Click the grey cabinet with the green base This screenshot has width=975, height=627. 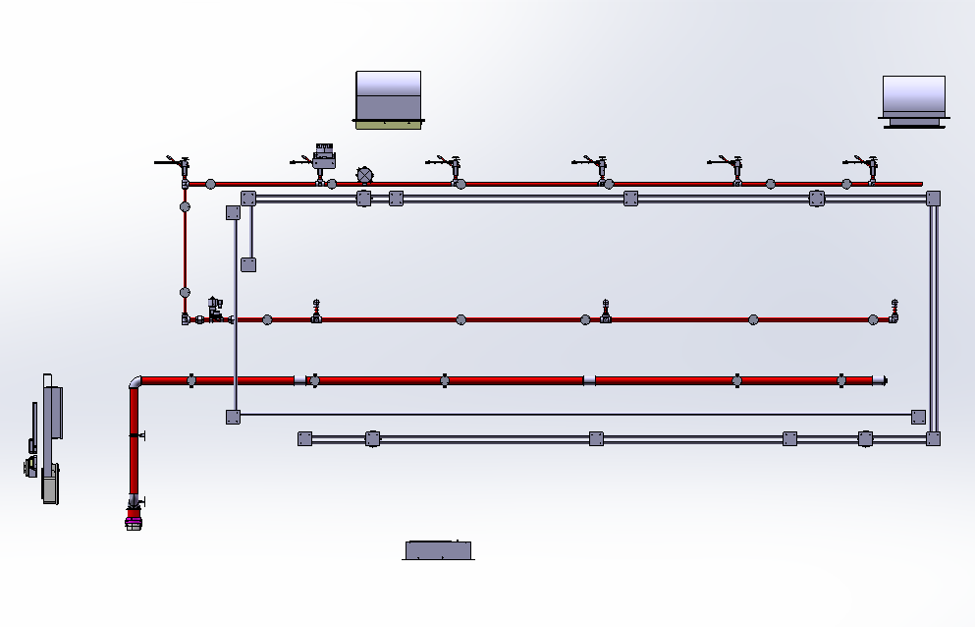(388, 98)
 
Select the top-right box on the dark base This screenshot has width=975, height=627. (913, 99)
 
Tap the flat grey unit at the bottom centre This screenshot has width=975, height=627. (438, 549)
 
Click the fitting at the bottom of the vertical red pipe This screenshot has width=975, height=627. (135, 514)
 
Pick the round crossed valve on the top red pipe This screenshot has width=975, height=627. (364, 175)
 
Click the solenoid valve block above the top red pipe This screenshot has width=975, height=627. (324, 155)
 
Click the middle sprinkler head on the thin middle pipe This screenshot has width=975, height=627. (606, 313)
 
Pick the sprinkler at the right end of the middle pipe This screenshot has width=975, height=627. (894, 312)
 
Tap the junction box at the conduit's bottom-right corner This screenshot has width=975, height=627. (933, 438)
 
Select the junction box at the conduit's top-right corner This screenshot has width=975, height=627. (933, 199)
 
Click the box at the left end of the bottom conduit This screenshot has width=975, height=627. (304, 439)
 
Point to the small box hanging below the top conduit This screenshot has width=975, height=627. (248, 263)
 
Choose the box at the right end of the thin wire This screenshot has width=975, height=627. (918, 417)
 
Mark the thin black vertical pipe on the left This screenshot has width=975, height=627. (185, 251)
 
